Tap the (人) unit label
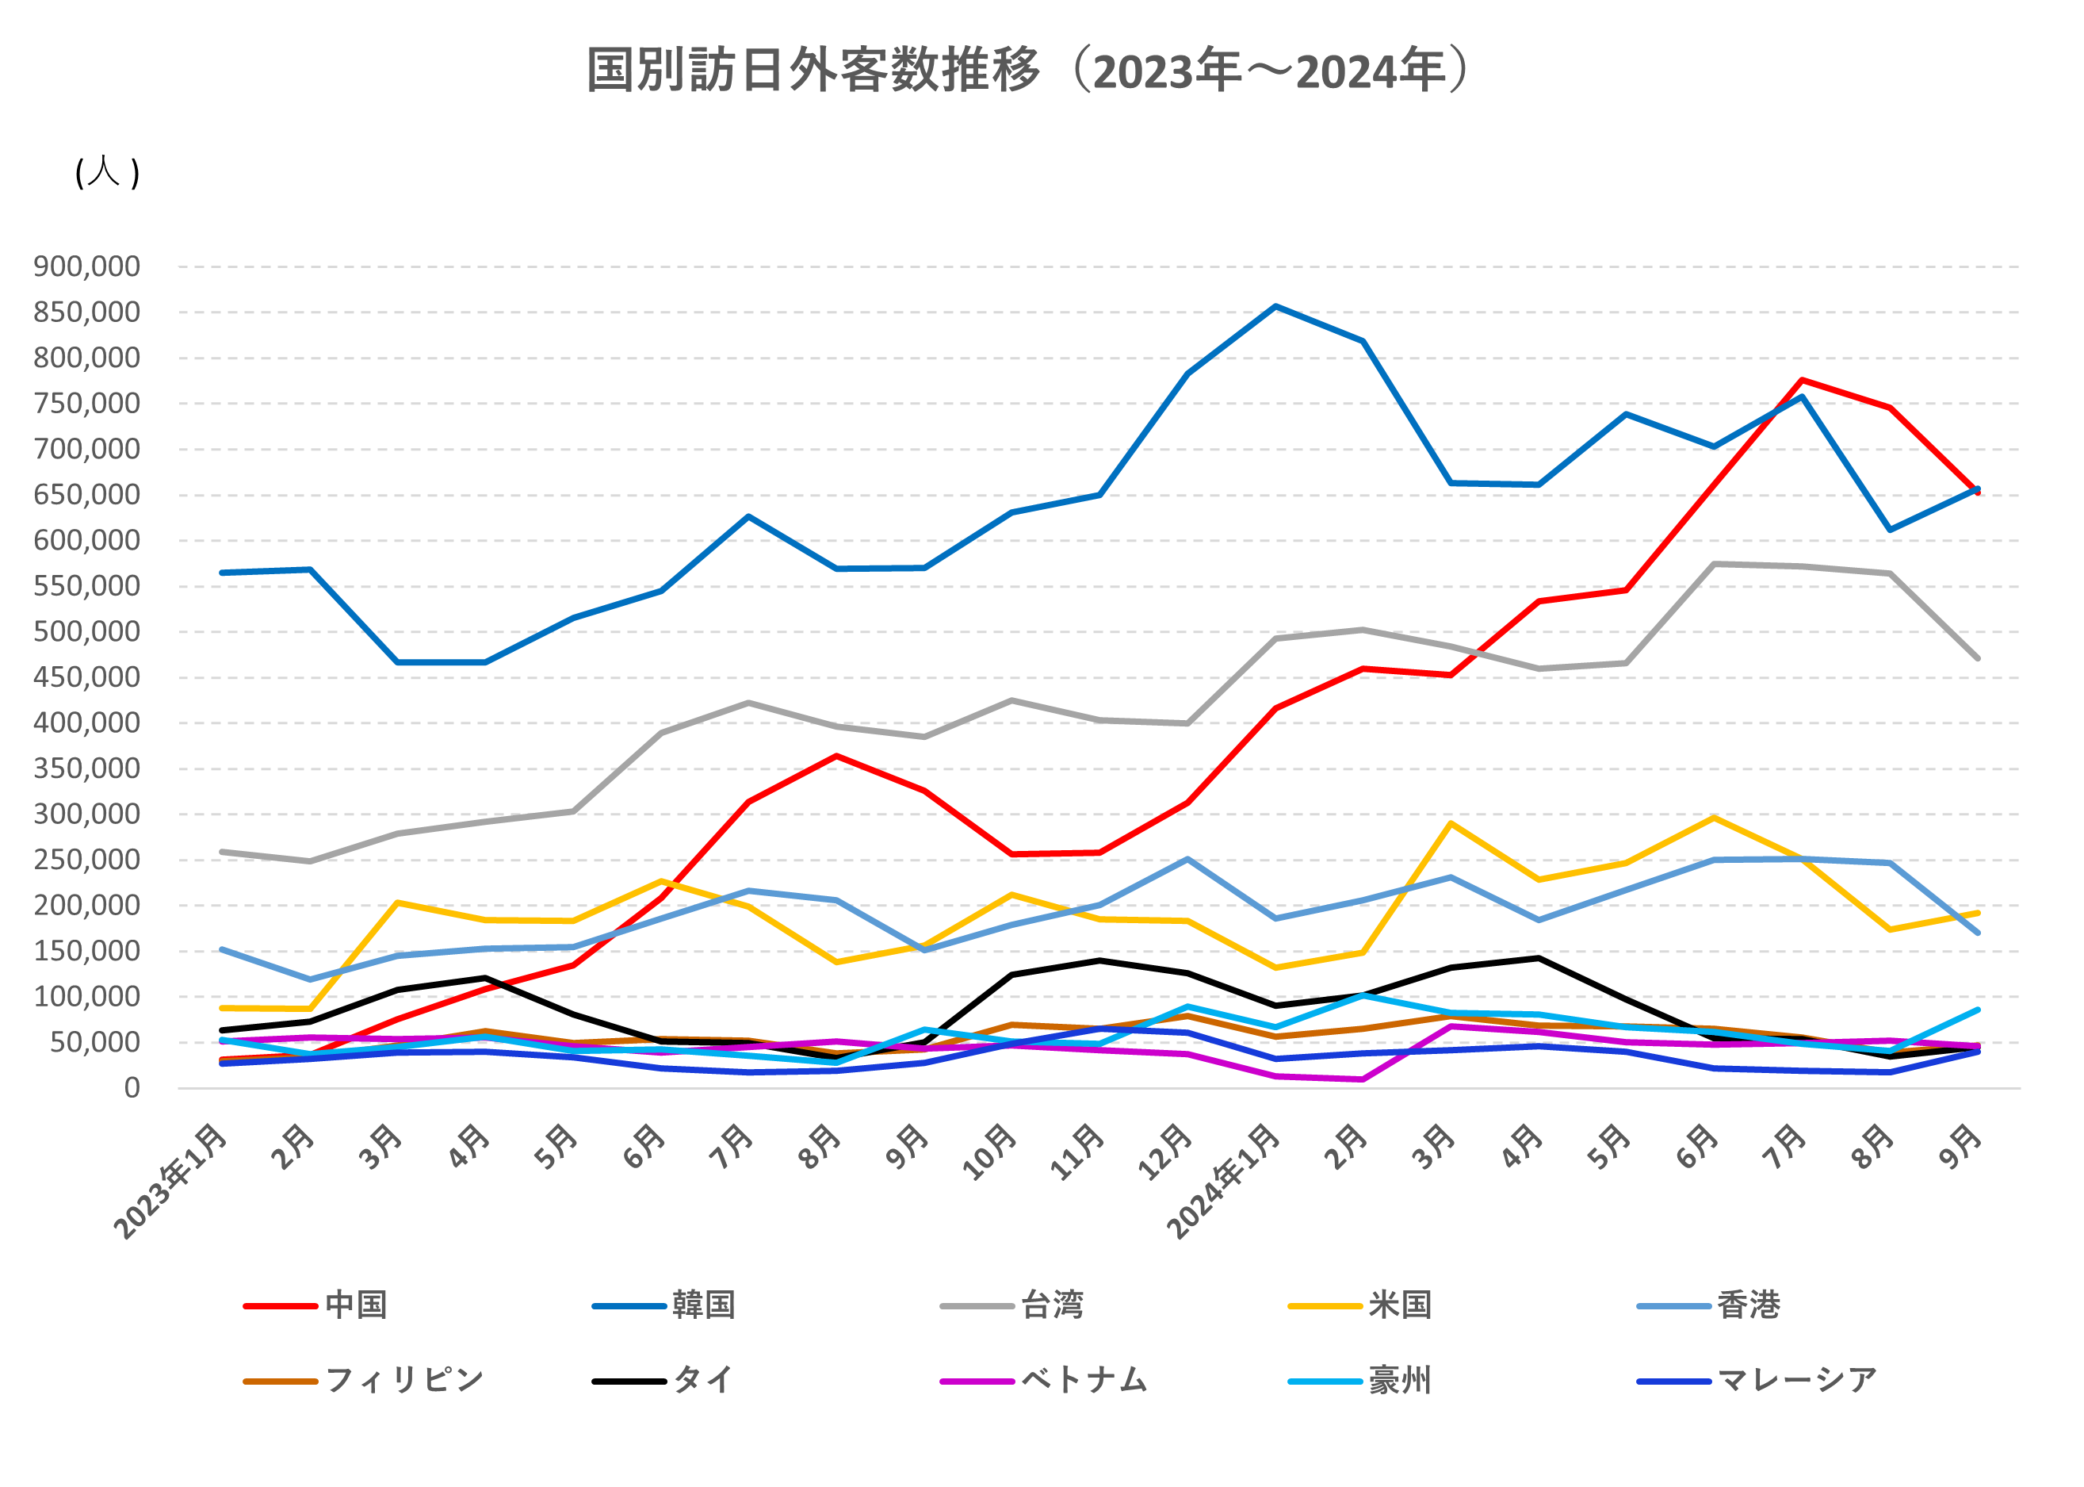pyautogui.click(x=107, y=173)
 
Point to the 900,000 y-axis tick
pyautogui.click(x=87, y=266)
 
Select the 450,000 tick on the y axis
pyautogui.click(x=87, y=677)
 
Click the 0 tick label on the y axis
pyautogui.click(x=132, y=1088)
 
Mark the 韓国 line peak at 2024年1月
pyautogui.click(x=1275, y=307)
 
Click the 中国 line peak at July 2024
pyautogui.click(x=1802, y=380)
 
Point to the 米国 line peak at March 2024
pyautogui.click(x=1451, y=823)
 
